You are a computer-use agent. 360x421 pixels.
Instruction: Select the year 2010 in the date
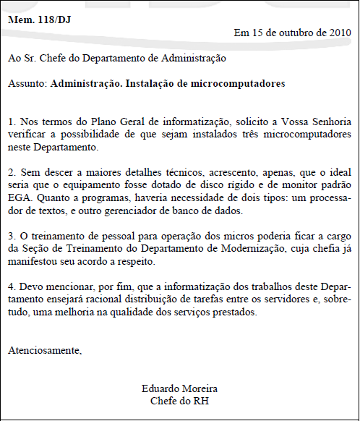340,33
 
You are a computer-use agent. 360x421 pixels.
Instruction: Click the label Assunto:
28,84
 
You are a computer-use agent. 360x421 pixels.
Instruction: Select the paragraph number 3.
11,237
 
